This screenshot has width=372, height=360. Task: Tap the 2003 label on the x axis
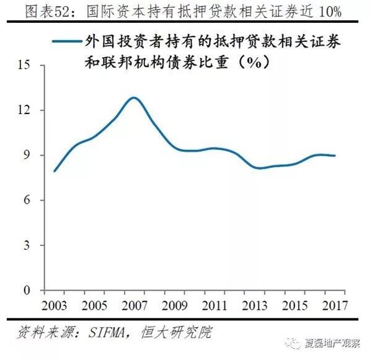pos(55,305)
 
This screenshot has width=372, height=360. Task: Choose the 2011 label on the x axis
pos(215,305)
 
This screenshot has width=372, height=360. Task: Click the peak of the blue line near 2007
pos(133,98)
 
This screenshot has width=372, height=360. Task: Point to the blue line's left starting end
pos(55,171)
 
